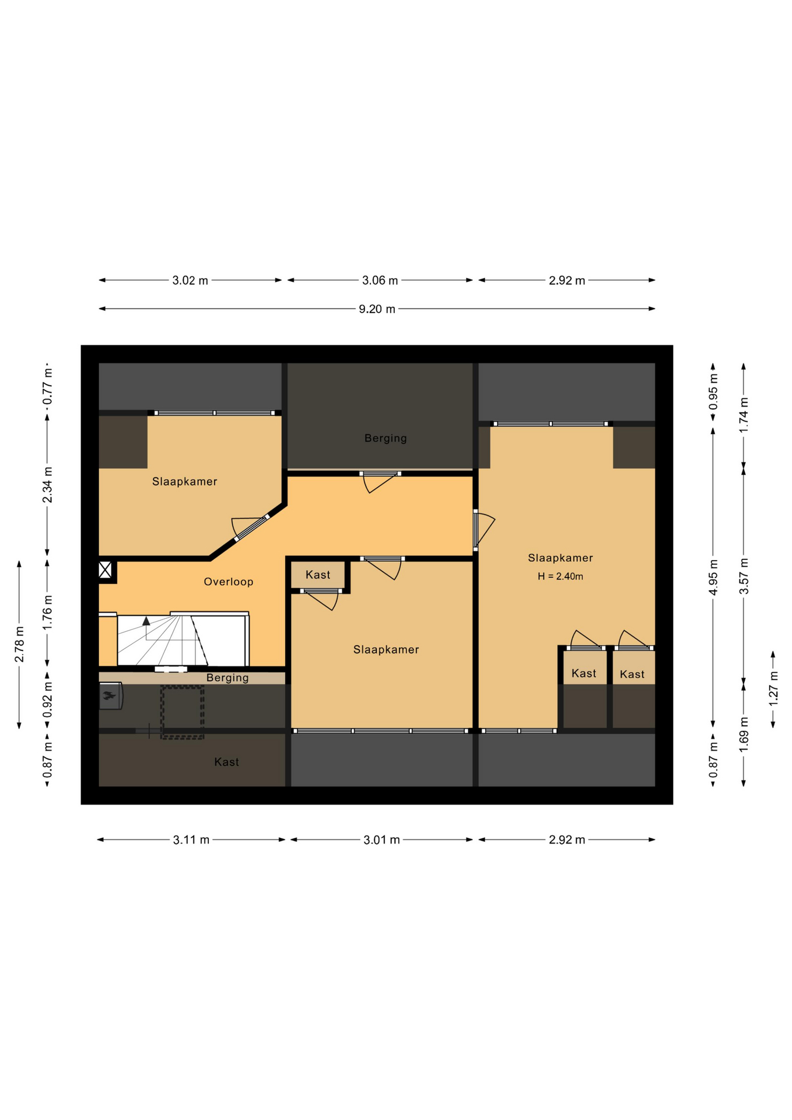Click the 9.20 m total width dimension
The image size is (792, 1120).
[x=377, y=309]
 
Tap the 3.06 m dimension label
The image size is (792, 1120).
[x=380, y=281]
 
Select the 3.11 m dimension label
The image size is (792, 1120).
[x=191, y=840]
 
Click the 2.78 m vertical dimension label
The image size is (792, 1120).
[x=19, y=645]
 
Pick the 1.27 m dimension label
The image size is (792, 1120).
[x=773, y=688]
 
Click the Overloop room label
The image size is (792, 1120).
[x=229, y=582]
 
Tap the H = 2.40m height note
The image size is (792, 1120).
[x=560, y=576]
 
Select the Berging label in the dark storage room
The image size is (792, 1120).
[x=386, y=438]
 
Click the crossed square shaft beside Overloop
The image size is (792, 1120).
[x=105, y=569]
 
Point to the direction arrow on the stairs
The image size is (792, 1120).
[x=146, y=621]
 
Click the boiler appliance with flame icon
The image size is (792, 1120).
[x=110, y=696]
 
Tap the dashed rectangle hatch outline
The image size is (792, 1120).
[x=182, y=712]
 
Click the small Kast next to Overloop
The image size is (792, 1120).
[x=318, y=575]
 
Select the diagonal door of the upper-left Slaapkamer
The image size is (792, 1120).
[x=250, y=528]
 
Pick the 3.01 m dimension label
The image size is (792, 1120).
[x=381, y=840]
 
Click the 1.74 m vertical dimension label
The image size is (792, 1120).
[x=744, y=415]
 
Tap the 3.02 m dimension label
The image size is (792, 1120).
[x=190, y=281]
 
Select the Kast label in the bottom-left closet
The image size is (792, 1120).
[x=226, y=762]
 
